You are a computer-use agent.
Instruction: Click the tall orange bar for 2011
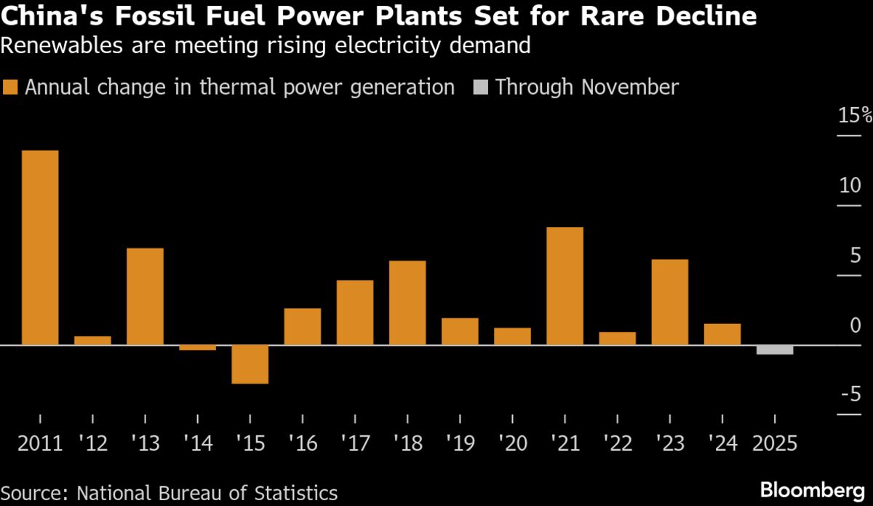click(40, 248)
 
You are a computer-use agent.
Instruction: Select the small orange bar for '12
click(92, 340)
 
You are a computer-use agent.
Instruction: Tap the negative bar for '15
click(250, 364)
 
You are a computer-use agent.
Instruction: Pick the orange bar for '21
click(565, 286)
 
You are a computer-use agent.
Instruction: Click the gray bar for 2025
click(774, 349)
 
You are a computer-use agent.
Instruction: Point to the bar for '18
click(407, 303)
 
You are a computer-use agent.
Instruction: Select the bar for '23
click(669, 302)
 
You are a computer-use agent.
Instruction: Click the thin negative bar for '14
click(197, 347)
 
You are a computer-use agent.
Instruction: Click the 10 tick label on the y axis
click(850, 185)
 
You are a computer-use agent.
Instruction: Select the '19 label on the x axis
click(459, 443)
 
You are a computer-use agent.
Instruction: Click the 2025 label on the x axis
click(774, 443)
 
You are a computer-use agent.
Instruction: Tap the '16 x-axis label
click(302, 443)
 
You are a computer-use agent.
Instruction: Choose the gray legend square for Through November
click(479, 88)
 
